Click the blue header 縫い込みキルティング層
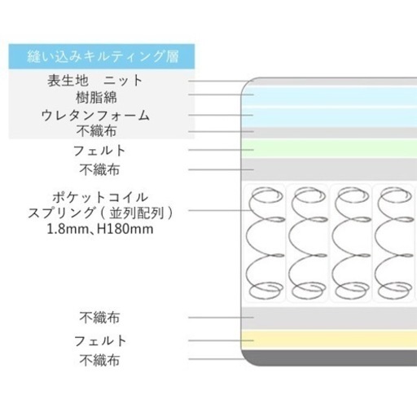point(102,56)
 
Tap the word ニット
point(123,81)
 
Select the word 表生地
point(68,81)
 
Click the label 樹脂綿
point(96,98)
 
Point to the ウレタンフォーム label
point(95,115)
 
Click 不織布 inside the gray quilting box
point(96,131)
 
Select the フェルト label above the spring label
point(99,151)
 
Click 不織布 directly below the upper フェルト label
point(99,169)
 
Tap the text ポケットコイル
point(100,197)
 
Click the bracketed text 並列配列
point(137,213)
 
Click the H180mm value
point(125,229)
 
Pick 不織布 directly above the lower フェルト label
point(99,318)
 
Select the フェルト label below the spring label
point(100,341)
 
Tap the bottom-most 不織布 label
point(99,360)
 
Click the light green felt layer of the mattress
point(329,149)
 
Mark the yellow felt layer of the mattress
point(329,340)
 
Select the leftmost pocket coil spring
point(265,243)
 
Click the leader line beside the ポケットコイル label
point(219,210)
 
